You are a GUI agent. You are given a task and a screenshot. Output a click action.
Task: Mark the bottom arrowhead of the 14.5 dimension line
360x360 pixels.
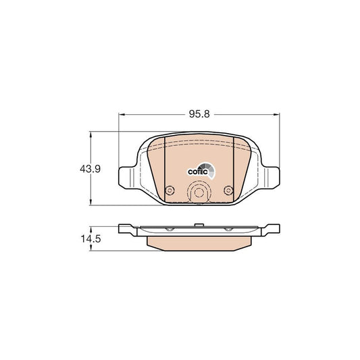pos(93,250)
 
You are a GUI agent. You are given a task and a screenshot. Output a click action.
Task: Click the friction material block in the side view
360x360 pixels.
pos(199,241)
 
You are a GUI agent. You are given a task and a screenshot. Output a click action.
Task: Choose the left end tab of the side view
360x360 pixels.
pos(126,229)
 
